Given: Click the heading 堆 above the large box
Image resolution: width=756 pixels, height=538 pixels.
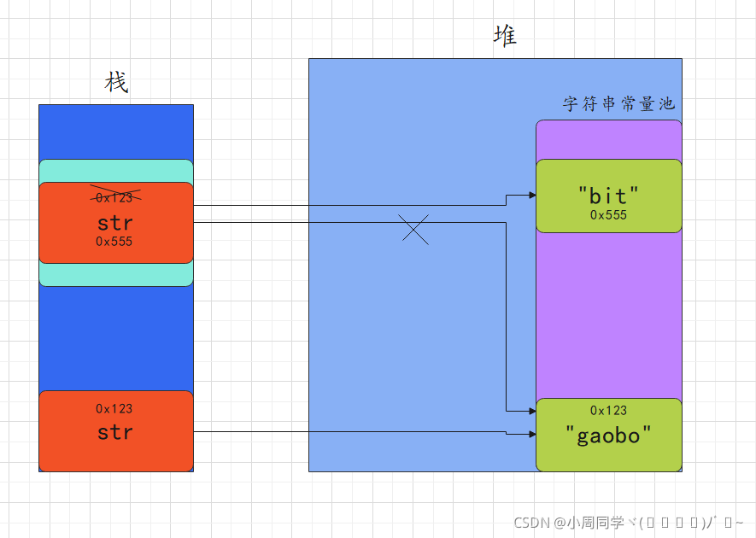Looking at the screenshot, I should (x=505, y=36).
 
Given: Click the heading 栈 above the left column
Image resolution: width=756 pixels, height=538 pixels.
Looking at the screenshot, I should (x=116, y=83).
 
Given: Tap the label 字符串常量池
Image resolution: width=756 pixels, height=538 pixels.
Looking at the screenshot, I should (x=618, y=103).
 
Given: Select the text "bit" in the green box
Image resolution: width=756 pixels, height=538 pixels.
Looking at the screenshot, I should (x=608, y=196).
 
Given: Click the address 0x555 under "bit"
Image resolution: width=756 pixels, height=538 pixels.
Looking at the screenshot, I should (x=608, y=215).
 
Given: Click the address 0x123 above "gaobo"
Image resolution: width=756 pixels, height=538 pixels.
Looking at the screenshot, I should (x=608, y=411).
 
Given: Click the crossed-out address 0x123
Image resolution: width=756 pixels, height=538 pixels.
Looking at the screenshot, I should (x=115, y=196).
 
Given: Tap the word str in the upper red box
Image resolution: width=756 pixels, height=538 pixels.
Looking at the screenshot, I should (x=115, y=223).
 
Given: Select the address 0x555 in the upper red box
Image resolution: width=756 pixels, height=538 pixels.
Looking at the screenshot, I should (x=114, y=242).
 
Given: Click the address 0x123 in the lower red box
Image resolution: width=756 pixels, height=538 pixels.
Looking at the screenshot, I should (x=114, y=409).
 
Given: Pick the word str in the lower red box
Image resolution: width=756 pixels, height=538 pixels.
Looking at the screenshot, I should (x=115, y=432).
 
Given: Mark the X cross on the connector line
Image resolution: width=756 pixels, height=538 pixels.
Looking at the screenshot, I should (x=415, y=230).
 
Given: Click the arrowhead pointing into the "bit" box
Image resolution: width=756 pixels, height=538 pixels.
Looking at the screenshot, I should (x=531, y=195).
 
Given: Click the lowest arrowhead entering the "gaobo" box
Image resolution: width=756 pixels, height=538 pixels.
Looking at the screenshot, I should (x=531, y=435).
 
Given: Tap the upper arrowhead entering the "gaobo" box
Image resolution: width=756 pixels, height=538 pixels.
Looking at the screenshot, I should (x=531, y=411).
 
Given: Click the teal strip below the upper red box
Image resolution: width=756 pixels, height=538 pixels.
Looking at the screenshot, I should (x=115, y=274).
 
